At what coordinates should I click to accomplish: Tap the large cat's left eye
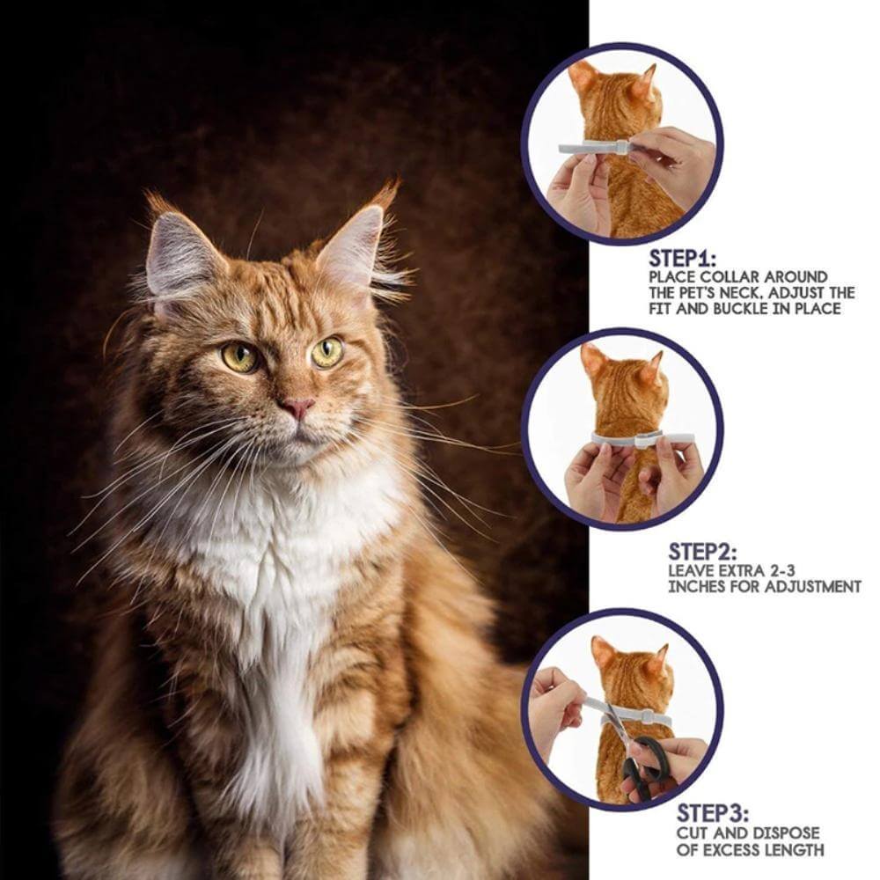[x=240, y=356]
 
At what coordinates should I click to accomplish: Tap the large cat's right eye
[x=326, y=352]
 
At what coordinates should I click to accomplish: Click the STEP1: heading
[x=683, y=259]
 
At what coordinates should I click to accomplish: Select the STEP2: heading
[x=701, y=552]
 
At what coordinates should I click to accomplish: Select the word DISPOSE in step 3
[x=786, y=832]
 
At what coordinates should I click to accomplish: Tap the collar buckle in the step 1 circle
[x=622, y=147]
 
